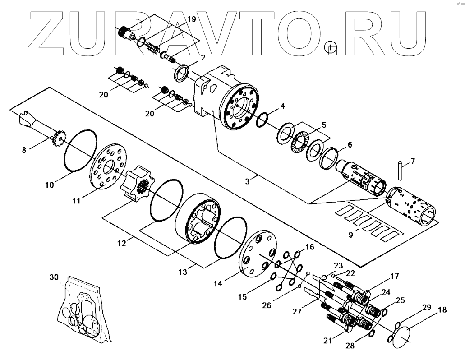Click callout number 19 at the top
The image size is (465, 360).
(191, 19)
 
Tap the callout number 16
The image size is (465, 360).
(309, 247)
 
